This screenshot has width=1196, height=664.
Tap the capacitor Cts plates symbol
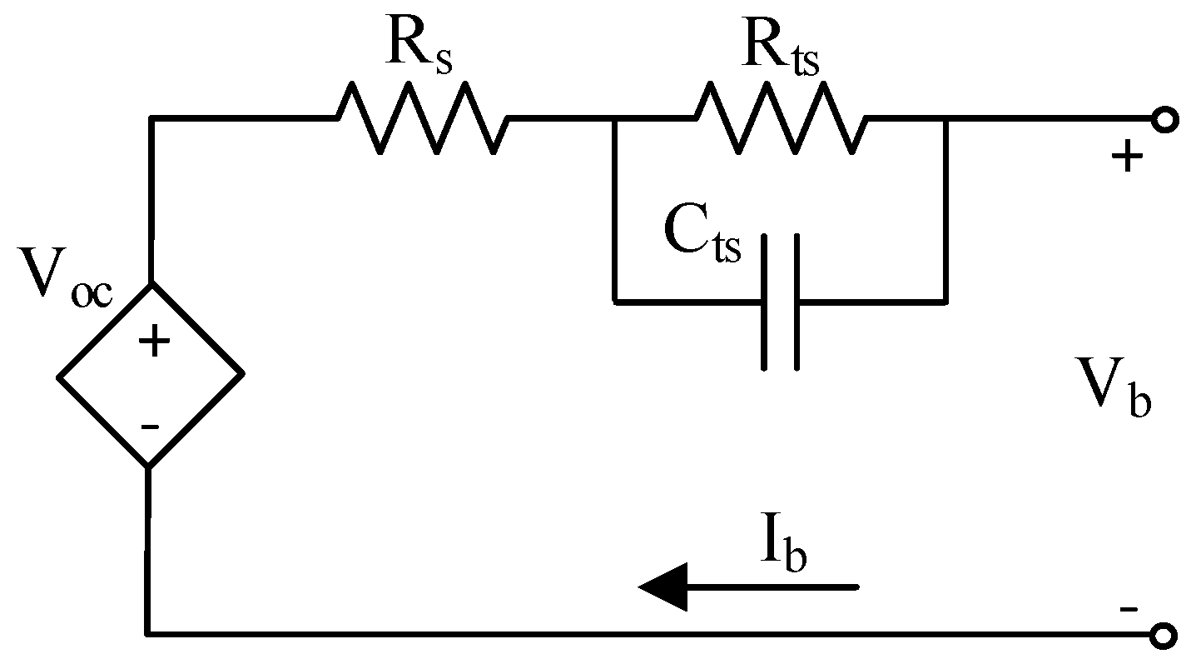click(x=780, y=301)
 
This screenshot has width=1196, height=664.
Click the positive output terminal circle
click(x=1165, y=121)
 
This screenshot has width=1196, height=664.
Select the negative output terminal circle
click(x=1165, y=636)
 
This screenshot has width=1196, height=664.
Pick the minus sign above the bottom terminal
click(x=1128, y=609)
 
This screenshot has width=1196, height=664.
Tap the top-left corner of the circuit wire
click(x=151, y=119)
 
